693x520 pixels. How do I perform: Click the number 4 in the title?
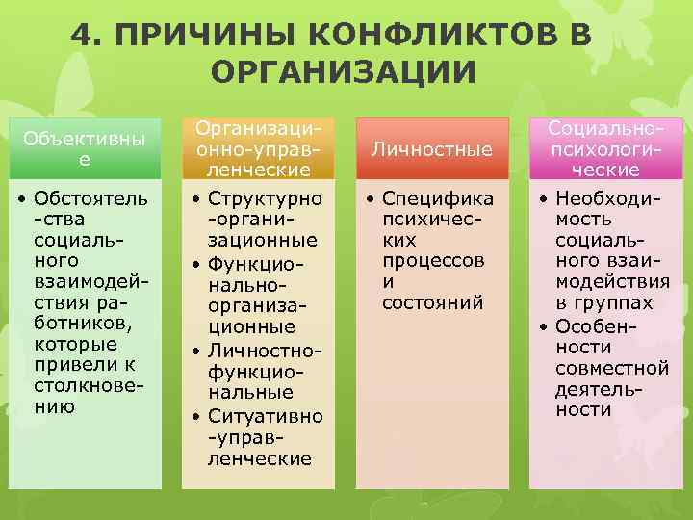click(83, 38)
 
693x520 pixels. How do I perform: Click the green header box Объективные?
click(85, 149)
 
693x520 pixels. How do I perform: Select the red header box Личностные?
click(432, 149)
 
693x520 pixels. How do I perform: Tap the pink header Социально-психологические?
click(604, 149)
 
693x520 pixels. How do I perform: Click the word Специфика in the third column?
click(438, 198)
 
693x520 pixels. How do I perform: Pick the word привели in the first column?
click(66, 365)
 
